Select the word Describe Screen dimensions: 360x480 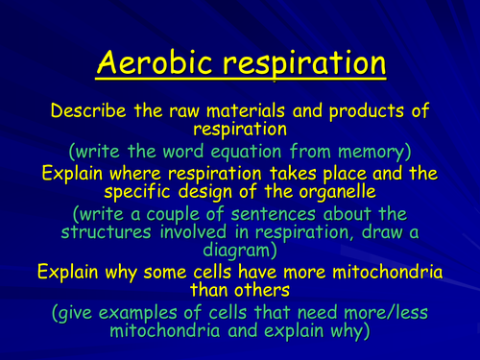(x=89, y=110)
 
